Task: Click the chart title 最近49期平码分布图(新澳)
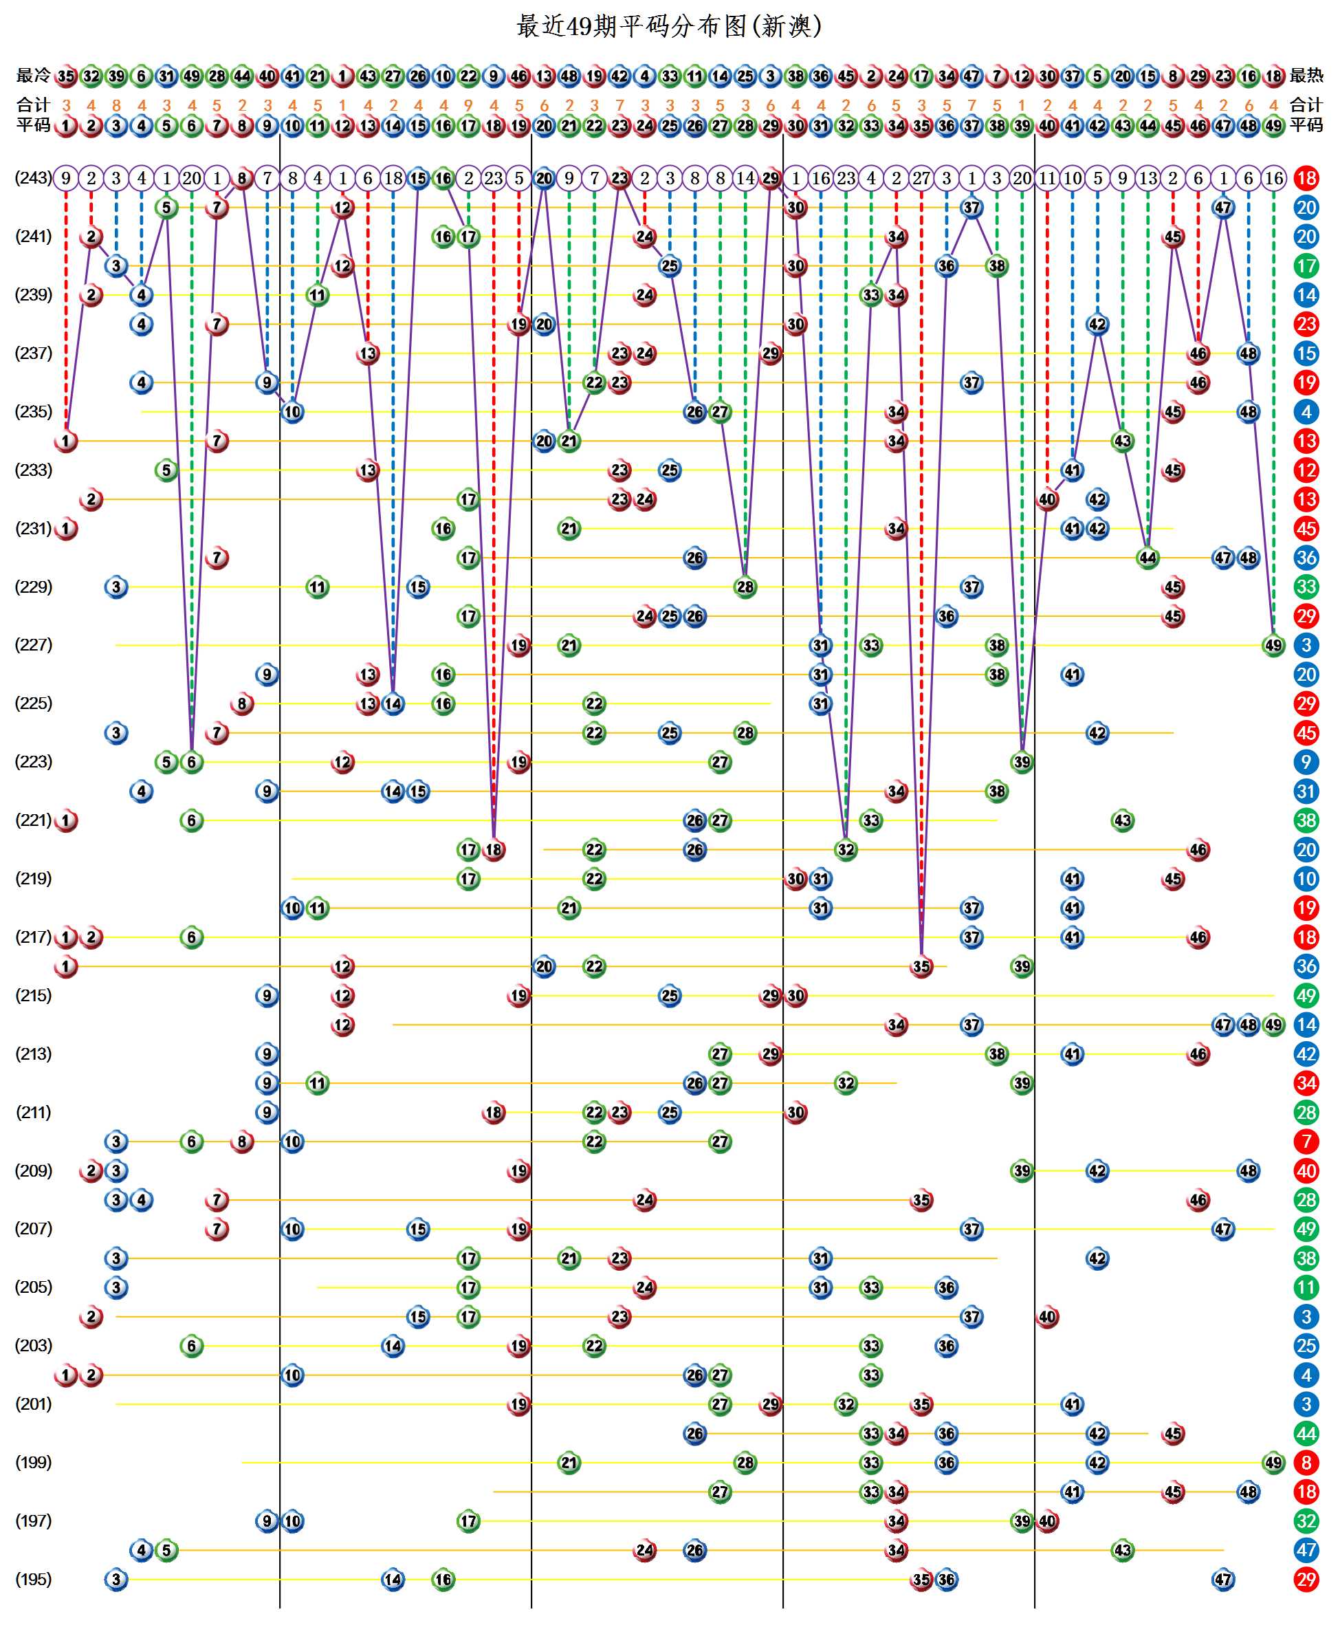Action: coord(668,26)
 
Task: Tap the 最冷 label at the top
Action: coord(33,76)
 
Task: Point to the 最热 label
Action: coord(1306,76)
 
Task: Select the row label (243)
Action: coord(33,177)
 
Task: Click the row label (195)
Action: coord(33,1579)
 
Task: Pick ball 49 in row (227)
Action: coord(1273,644)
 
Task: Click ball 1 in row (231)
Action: coord(67,528)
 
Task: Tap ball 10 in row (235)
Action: coord(292,411)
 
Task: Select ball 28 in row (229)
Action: coord(745,587)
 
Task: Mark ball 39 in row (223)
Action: coord(1021,762)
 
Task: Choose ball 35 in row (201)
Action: coord(921,1404)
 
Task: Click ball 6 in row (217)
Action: coord(191,937)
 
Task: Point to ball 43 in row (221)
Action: coord(1122,820)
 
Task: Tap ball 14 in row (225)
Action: coord(393,704)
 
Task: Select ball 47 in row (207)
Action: coord(1222,1228)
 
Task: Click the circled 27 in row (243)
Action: coord(921,177)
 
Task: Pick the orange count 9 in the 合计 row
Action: coord(468,105)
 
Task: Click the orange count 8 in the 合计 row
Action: coord(116,105)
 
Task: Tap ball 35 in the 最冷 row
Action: coord(67,76)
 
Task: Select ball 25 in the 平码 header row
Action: coord(669,125)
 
